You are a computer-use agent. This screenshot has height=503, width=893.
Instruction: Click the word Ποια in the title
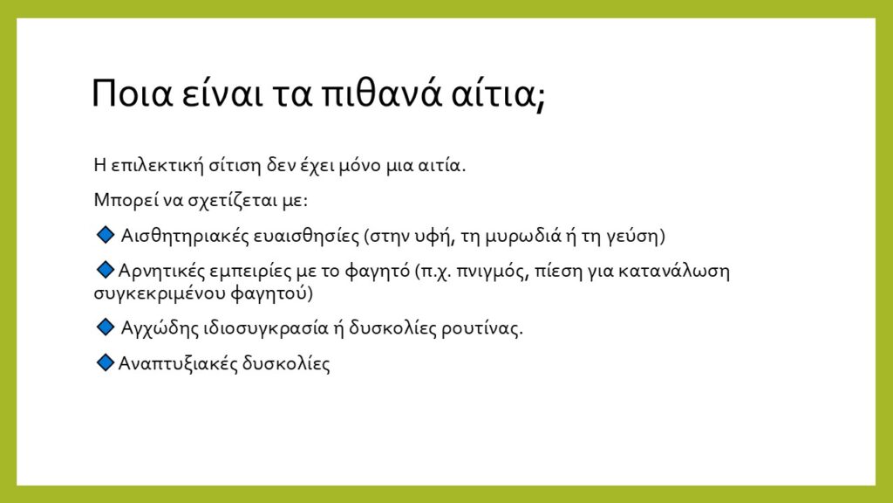132,93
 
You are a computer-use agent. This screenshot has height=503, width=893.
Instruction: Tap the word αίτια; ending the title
498,93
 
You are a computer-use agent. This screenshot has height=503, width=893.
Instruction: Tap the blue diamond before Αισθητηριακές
106,234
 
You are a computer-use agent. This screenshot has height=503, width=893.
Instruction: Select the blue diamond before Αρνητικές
106,269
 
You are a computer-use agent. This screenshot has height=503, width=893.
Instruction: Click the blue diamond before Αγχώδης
106,327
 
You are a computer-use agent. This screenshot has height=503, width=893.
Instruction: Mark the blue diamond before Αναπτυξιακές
106,362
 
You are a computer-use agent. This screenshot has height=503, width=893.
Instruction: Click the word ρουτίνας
481,328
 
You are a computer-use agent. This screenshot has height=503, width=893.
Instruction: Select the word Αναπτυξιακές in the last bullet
178,364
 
